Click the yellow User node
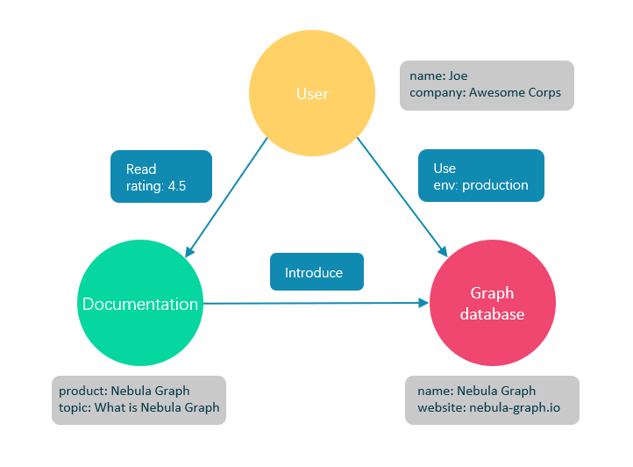312,93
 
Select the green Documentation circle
140,305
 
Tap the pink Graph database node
492,303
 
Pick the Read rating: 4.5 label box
161,177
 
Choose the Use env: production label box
480,176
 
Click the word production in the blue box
494,185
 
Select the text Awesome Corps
516,92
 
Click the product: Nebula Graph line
124,391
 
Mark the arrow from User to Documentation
226,197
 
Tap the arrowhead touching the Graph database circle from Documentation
423,302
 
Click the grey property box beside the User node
487,85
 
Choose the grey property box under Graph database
492,400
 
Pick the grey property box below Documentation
139,400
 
